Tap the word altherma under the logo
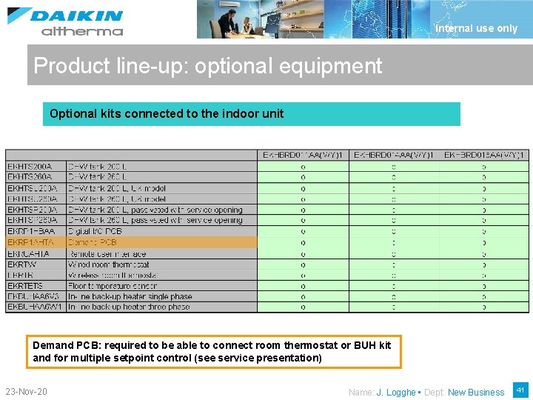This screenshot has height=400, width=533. pos(82,31)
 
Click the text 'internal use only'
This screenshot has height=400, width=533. pos(477,28)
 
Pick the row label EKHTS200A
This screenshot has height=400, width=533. pos(30,167)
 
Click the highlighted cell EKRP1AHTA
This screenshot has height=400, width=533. pos(30,242)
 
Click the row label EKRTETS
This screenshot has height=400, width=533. pos(25,285)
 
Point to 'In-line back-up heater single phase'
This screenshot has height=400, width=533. pos(130,296)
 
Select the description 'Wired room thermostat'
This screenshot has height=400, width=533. pos(109,264)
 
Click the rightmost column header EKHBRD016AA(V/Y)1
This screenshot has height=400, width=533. pos(484,155)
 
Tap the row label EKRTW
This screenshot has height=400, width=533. pos(21,264)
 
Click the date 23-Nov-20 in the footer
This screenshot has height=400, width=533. pos(26,391)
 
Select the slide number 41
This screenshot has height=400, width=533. pos(520,390)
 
